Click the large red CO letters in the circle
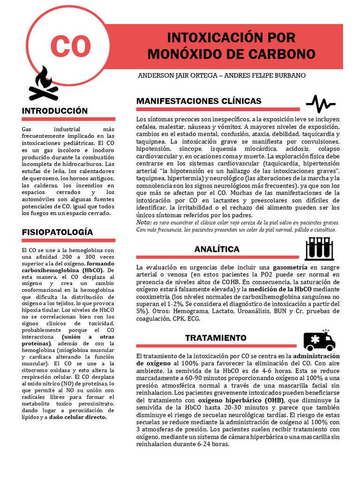tap(70, 46)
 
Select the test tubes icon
tap(320, 249)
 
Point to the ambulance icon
tap(319, 340)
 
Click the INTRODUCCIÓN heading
tap(55, 111)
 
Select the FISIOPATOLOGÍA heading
tap(58, 232)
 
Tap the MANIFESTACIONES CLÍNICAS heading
tap(199, 101)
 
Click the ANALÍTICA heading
tap(217, 249)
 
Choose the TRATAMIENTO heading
tap(216, 338)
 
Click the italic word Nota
tap(143, 222)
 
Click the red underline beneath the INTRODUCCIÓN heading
tap(68, 120)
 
